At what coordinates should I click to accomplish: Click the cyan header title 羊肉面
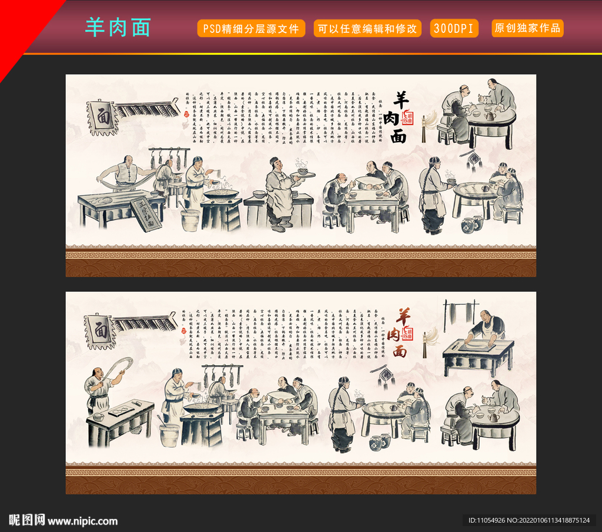pyautogui.click(x=118, y=28)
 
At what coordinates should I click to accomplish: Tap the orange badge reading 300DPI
pyautogui.click(x=454, y=28)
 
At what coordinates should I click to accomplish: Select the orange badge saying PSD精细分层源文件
pyautogui.click(x=251, y=28)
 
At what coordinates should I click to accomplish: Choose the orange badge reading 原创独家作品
pyautogui.click(x=527, y=28)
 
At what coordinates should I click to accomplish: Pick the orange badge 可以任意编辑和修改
pyautogui.click(x=367, y=28)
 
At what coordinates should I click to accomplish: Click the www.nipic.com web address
pyautogui.click(x=82, y=521)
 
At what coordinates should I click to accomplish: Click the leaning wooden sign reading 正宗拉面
pyautogui.click(x=145, y=214)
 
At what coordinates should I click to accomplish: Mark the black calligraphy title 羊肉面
pyautogui.click(x=400, y=117)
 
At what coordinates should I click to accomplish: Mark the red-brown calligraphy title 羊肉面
pyautogui.click(x=400, y=333)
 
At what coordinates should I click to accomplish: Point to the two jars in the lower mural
pyautogui.click(x=380, y=442)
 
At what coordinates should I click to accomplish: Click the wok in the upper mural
pyautogui.click(x=221, y=194)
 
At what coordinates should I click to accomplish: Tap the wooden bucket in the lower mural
pyautogui.click(x=169, y=435)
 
